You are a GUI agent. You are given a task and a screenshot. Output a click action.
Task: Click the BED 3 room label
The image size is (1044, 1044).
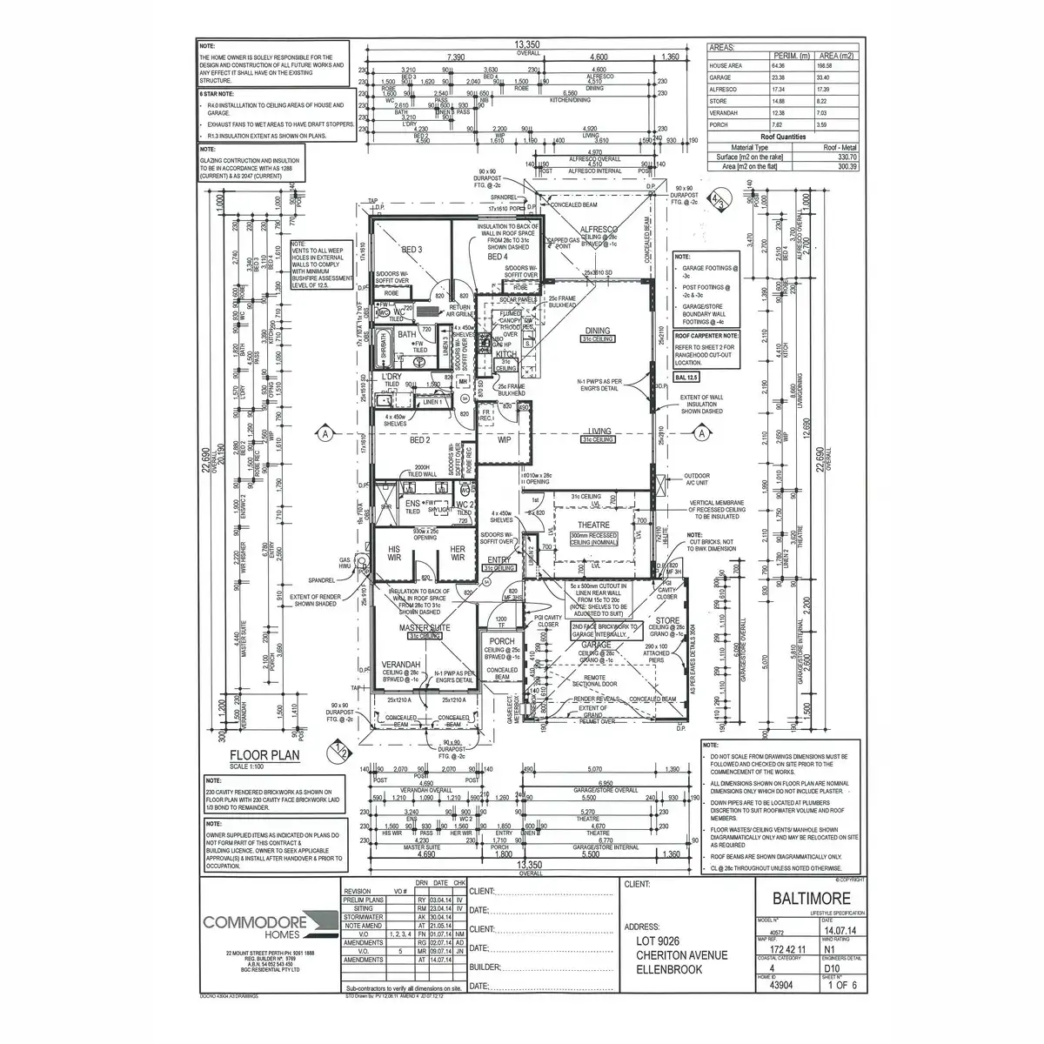point(412,250)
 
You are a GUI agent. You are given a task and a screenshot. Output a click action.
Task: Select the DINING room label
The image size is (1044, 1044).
point(598,331)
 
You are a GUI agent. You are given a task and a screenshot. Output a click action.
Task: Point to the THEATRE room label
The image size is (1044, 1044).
point(593,525)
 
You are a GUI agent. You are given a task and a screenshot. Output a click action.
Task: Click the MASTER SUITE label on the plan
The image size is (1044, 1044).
point(425,627)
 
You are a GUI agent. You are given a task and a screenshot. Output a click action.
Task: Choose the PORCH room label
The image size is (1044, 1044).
point(502,641)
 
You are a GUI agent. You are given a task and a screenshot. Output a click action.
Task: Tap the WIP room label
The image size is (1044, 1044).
point(504,441)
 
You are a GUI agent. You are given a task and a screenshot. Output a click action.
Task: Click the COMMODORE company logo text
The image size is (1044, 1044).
point(260,920)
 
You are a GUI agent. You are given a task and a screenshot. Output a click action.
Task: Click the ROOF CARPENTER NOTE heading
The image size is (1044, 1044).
point(707,335)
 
